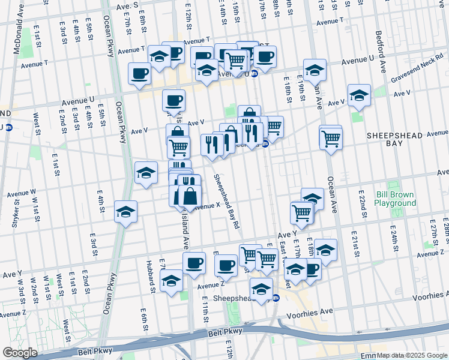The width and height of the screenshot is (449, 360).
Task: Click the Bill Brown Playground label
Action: pos(395,199)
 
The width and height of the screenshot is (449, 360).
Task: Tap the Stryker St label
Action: pos(16,211)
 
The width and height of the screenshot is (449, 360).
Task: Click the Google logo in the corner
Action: pos(20,353)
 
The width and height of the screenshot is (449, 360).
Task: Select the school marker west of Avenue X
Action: pos(125,212)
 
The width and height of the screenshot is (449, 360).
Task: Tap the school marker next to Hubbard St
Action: pos(171,281)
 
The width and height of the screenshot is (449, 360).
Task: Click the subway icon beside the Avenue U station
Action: pos(254,74)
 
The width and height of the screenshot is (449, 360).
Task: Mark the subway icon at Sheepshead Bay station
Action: pos(276,298)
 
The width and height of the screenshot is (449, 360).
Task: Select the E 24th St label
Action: pos(394,238)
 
